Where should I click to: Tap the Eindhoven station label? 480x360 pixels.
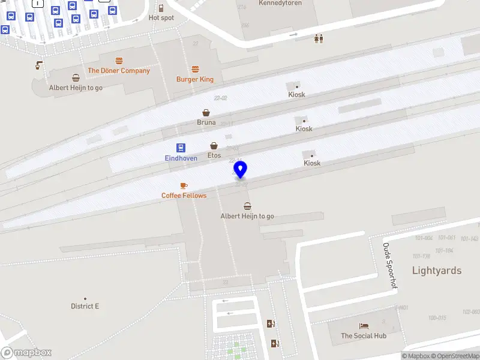point(181,158)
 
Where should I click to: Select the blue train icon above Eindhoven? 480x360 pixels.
point(181,148)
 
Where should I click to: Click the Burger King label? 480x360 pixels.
point(194,79)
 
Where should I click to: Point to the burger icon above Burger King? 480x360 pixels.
point(195,69)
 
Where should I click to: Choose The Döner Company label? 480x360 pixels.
point(119,71)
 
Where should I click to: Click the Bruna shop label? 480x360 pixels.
point(206,122)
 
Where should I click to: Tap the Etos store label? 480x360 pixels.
point(214,155)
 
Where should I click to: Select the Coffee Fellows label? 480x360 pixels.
point(184,196)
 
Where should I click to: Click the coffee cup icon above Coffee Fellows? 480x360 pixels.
point(184,185)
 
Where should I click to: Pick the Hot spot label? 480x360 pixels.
point(161,18)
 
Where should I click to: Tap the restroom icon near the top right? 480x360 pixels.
point(319,38)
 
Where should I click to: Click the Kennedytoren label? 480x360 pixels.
point(280,3)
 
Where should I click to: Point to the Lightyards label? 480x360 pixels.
point(437,271)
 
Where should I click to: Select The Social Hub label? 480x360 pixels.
point(364,336)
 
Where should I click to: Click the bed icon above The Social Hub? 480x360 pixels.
point(364,326)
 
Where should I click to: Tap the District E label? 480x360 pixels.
point(85,306)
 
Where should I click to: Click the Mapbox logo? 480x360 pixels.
point(26,353)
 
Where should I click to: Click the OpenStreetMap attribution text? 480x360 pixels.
point(454,356)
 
